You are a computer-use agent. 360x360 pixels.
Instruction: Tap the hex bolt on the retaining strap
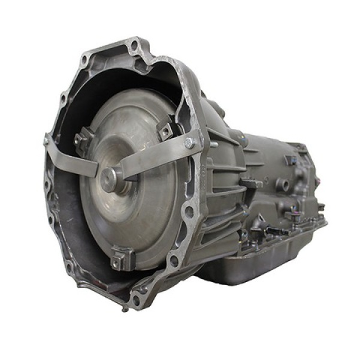[190, 143]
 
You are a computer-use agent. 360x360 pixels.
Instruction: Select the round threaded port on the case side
[283, 183]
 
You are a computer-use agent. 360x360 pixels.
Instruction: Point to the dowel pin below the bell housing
[124, 310]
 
